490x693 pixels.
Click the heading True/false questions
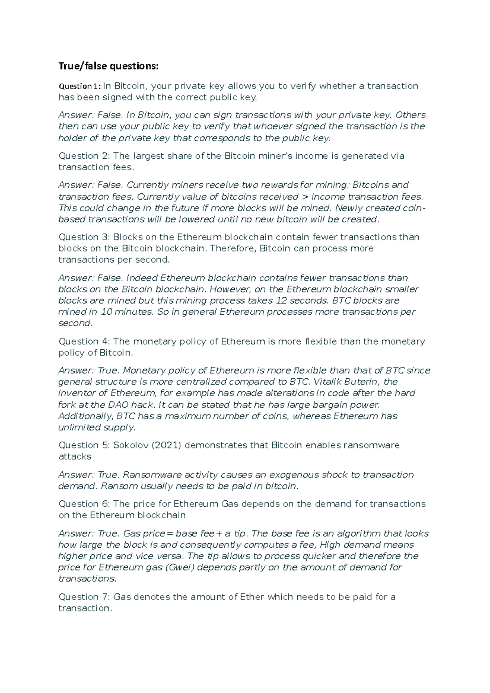108,66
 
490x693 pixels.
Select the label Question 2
84,156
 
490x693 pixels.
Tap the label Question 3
84,237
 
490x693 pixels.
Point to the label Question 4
84,341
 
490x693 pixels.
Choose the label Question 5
84,445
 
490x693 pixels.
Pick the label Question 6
84,504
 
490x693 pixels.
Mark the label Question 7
84,597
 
